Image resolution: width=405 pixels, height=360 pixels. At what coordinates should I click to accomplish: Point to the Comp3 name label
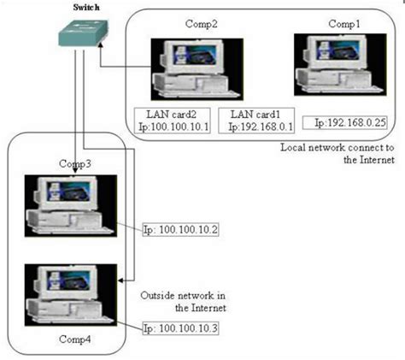point(74,162)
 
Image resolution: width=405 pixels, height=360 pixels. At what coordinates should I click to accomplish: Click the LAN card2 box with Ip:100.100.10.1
point(178,120)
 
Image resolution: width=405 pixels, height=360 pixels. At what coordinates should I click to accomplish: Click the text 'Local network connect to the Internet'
point(337,153)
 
